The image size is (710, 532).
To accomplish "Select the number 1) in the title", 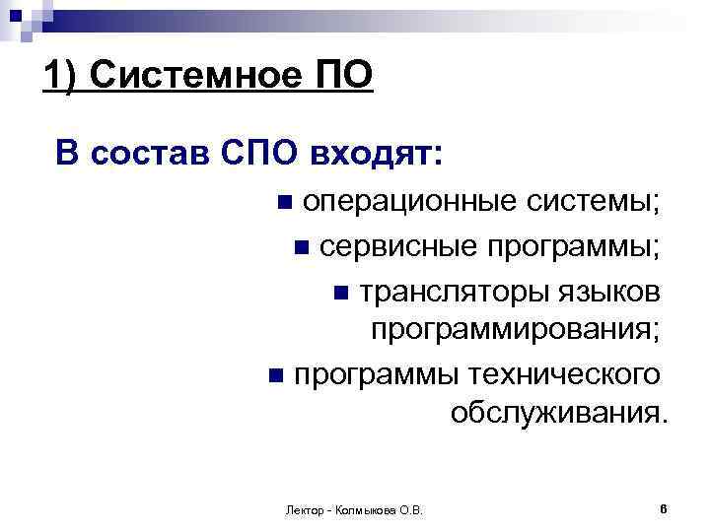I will click(64, 75).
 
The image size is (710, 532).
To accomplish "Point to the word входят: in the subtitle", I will click(377, 154).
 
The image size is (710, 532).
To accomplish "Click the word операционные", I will click(408, 202).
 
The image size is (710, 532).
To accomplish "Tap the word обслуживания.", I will click(558, 414).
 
